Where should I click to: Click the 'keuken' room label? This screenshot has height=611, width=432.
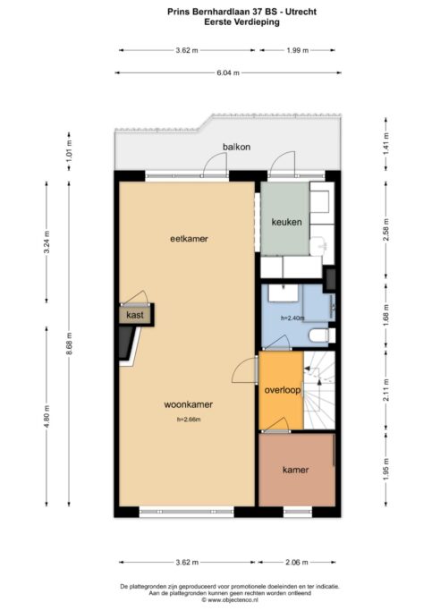pos(286,222)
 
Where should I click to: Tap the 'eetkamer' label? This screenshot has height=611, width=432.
pos(189,239)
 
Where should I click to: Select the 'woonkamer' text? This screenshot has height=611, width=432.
pos(189,404)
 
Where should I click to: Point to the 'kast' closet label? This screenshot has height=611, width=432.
pos(135,315)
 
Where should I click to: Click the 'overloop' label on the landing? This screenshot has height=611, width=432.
pos(283,390)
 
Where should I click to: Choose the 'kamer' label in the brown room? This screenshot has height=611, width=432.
pos(296,470)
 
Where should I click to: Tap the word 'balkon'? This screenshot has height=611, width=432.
pos(236,147)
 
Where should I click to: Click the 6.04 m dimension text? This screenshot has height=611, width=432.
pos(228,72)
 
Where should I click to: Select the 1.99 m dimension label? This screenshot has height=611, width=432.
pos(298,50)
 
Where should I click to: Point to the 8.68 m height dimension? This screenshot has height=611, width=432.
pos(69,344)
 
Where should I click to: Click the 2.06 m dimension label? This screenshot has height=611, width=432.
pos(296,563)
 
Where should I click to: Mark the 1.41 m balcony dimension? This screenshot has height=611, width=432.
pos(386,144)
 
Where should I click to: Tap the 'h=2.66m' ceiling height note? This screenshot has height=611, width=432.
pos(189,420)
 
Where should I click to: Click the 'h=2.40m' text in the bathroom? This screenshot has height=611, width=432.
pos(292,318)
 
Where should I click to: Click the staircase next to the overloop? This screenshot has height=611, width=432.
pos(319,390)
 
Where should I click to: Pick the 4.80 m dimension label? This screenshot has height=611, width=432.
pos(47,416)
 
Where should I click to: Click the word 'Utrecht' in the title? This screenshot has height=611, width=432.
pos(301,12)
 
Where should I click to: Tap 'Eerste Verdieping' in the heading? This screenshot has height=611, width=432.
pos(241,21)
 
